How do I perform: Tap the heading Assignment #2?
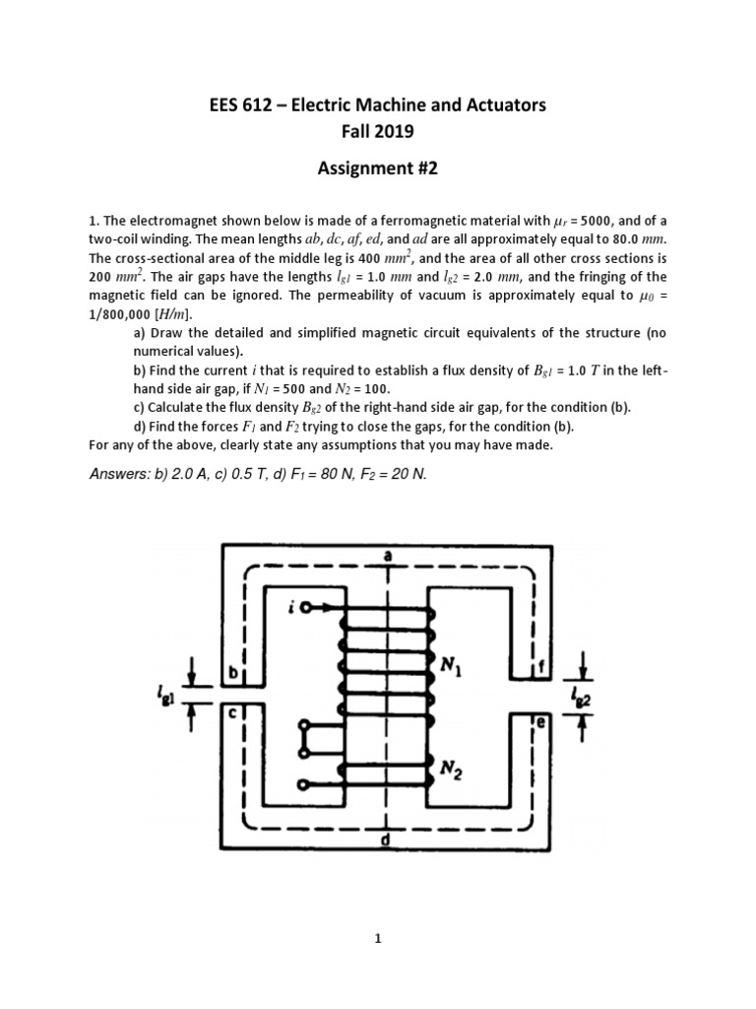[x=377, y=168]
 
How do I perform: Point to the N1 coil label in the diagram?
[x=453, y=668]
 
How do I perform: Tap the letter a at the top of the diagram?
[x=388, y=556]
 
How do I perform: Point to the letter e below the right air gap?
[x=540, y=721]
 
